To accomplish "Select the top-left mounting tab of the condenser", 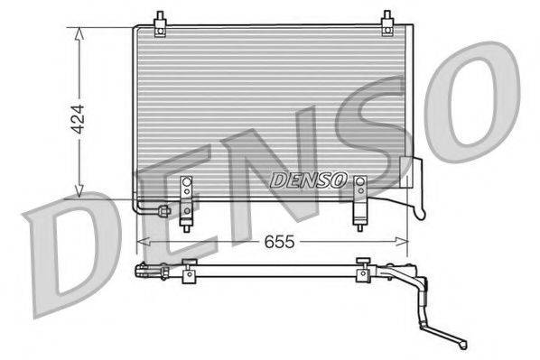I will [160, 23].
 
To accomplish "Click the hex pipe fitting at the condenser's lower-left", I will [163, 212].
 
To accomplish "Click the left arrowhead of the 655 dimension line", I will [141, 242].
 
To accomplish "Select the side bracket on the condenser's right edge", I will [415, 185].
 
